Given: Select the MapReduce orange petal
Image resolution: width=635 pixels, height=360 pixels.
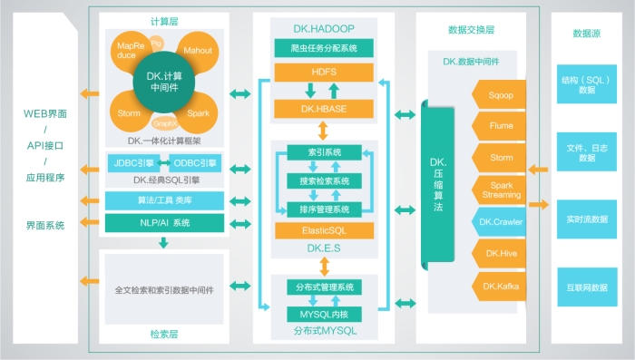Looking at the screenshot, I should [126, 51].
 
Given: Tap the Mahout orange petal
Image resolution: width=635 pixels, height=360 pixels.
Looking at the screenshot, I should [197, 51].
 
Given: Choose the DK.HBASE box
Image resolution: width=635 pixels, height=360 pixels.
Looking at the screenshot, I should [324, 109].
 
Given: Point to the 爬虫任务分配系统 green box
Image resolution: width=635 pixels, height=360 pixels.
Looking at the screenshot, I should [324, 46].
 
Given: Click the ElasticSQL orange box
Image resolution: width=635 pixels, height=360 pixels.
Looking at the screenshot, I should [324, 231].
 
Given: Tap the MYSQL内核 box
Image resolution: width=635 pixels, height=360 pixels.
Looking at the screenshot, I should [324, 314].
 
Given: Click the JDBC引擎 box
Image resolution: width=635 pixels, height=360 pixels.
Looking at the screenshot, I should [133, 163].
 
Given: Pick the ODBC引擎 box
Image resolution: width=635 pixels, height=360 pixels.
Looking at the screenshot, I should [194, 163].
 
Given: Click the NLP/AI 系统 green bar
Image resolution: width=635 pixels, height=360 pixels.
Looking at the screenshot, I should [163, 223].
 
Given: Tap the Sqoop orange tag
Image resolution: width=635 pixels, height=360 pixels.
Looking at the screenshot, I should [501, 93].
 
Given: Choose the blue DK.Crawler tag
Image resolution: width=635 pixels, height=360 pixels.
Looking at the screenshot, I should [501, 221].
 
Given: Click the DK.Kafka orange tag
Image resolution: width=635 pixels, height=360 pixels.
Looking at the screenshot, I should [501, 287].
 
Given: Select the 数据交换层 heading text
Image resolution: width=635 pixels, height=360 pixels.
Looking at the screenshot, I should [472, 30].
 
